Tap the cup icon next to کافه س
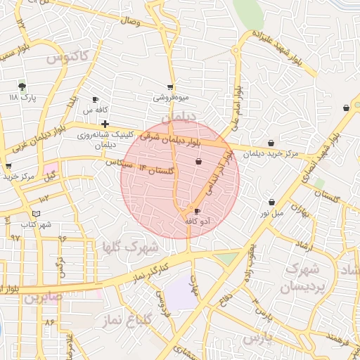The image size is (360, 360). pyautogui.click(x=96, y=100)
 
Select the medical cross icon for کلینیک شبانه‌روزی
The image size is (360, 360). pyautogui.click(x=105, y=124)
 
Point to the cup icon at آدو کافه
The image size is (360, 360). pyautogui.click(x=197, y=211)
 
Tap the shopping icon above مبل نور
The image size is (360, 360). pyautogui.click(x=271, y=202)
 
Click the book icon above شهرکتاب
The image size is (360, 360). pyautogui.click(x=37, y=214)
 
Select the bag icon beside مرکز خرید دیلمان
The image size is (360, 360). pyautogui.click(x=271, y=143)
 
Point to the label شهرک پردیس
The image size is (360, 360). pyautogui.click(x=302, y=278)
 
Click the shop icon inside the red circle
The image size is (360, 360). pyautogui.click(x=198, y=162)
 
